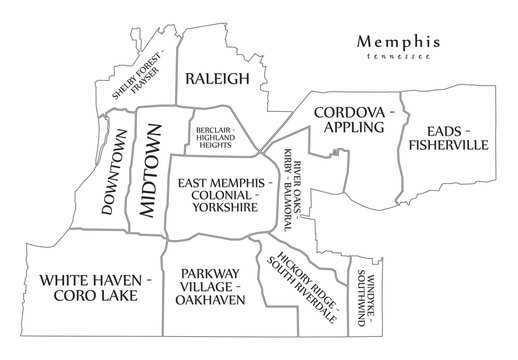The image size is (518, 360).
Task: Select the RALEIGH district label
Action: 209,80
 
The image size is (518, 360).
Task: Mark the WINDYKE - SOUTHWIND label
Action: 364,293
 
